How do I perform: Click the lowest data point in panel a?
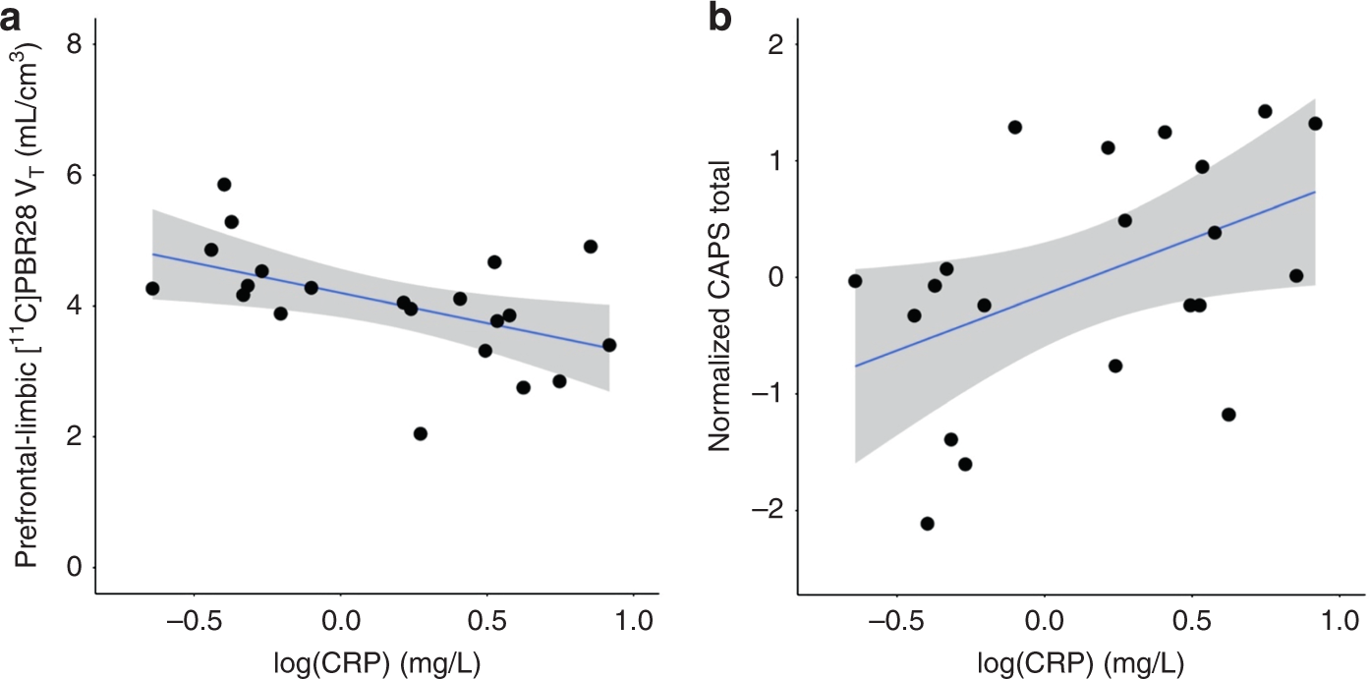pos(421,433)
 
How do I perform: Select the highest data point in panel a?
pos(224,185)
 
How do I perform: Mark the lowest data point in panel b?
pos(927,524)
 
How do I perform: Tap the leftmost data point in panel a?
pos(152,289)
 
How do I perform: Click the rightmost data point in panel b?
pos(1315,123)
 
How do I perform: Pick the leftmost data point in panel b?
pos(855,281)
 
